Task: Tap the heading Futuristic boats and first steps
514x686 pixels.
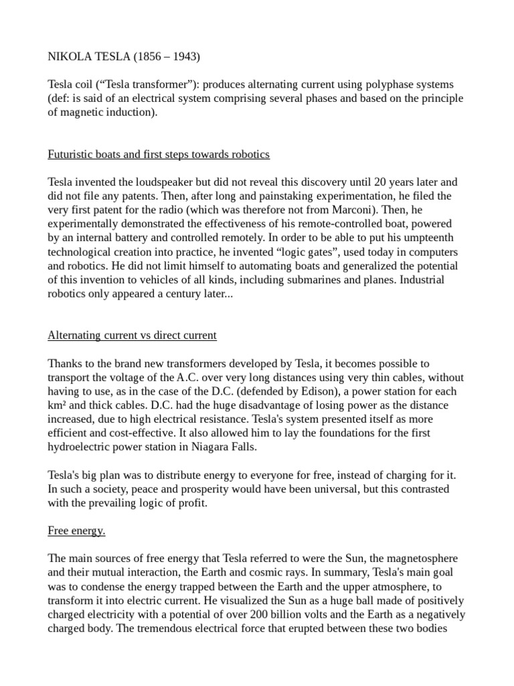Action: click(x=159, y=154)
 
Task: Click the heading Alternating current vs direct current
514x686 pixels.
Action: click(x=132, y=336)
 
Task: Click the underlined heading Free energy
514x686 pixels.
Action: click(x=76, y=531)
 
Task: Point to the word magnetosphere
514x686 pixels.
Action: click(x=418, y=559)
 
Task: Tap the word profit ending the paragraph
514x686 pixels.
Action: click(x=194, y=503)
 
